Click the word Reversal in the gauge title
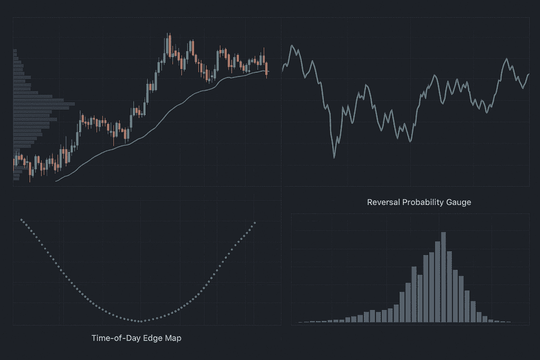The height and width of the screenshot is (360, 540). coord(382,202)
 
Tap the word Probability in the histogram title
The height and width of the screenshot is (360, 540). coord(421,202)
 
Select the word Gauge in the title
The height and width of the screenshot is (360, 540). coord(458,202)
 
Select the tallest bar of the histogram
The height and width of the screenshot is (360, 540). coord(443,277)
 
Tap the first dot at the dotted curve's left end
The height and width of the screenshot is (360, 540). coord(21,219)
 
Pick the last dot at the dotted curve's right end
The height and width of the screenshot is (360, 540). coord(255,222)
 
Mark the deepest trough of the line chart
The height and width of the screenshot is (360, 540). coord(334,157)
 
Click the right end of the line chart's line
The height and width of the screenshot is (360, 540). coord(528,74)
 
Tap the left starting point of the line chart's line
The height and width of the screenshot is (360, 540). coord(283,71)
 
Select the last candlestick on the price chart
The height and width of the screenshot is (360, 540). coord(267,68)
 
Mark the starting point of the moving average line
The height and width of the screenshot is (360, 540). coord(56,181)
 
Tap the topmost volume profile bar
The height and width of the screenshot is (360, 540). coord(15,51)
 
